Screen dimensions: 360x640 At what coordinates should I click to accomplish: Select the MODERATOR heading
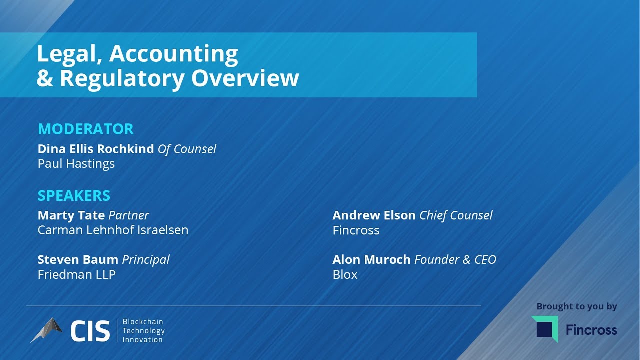pyautogui.click(x=86, y=129)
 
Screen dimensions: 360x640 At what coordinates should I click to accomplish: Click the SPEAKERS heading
pyautogui.click(x=74, y=195)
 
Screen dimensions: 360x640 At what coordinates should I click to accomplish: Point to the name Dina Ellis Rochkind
pyautogui.click(x=96, y=149)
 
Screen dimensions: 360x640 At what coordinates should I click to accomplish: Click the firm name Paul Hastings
pyautogui.click(x=76, y=164)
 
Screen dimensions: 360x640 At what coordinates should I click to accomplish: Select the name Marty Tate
pyautogui.click(x=71, y=215)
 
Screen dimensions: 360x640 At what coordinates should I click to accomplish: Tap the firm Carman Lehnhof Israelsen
pyautogui.click(x=113, y=230)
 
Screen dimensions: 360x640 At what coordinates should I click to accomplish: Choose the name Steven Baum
pyautogui.click(x=78, y=260)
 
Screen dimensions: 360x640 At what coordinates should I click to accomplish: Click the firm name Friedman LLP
pyautogui.click(x=77, y=275)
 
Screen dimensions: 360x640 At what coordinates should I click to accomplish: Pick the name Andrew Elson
pyautogui.click(x=374, y=215)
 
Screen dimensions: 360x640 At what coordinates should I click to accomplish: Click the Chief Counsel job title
pyautogui.click(x=456, y=215)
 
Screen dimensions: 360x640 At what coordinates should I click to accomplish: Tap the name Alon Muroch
pyautogui.click(x=371, y=260)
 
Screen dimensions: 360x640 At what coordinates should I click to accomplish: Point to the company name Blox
pyautogui.click(x=345, y=275)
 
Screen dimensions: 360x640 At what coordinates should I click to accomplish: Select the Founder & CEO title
pyautogui.click(x=455, y=260)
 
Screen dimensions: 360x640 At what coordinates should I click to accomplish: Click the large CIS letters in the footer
pyautogui.click(x=90, y=331)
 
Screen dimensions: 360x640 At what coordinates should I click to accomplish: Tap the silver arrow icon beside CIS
pyautogui.click(x=47, y=329)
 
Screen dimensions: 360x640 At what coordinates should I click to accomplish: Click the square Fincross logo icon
pyautogui.click(x=545, y=329)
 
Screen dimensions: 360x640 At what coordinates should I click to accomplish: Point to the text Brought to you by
pyautogui.click(x=577, y=306)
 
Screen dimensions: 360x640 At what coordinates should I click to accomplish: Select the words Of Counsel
pyautogui.click(x=187, y=149)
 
